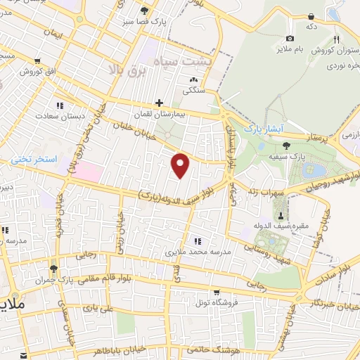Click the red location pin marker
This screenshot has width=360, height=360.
coord(181,165)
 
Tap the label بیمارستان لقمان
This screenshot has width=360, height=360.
coord(166,112)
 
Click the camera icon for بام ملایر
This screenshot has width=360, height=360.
coord(290,38)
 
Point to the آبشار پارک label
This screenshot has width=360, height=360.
coord(262,129)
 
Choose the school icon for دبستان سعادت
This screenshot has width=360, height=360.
coord(60,105)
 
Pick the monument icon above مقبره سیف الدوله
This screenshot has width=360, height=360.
coord(281,214)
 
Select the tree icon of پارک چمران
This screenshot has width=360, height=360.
coord(53,269)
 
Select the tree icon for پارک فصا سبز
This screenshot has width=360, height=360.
coord(145,11)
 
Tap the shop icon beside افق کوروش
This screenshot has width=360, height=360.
coord(4,72)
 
